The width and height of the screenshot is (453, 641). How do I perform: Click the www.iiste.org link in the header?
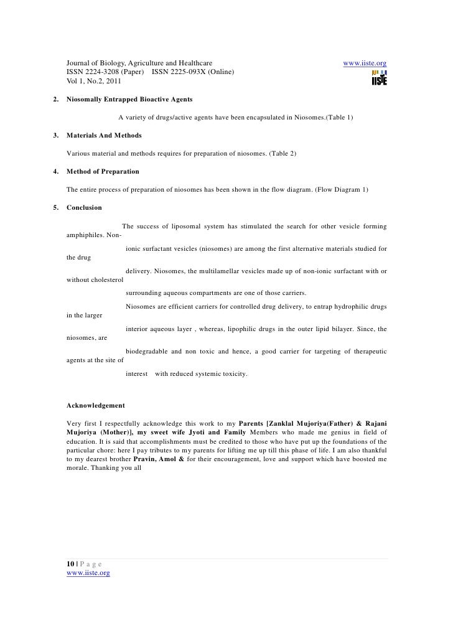pyautogui.click(x=365, y=63)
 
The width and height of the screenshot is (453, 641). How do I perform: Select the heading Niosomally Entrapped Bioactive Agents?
pyautogui.click(x=129, y=100)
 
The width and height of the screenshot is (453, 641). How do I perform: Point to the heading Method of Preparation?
pyautogui.click(x=103, y=171)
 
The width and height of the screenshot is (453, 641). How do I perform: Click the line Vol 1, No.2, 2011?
pyautogui.click(x=95, y=82)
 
